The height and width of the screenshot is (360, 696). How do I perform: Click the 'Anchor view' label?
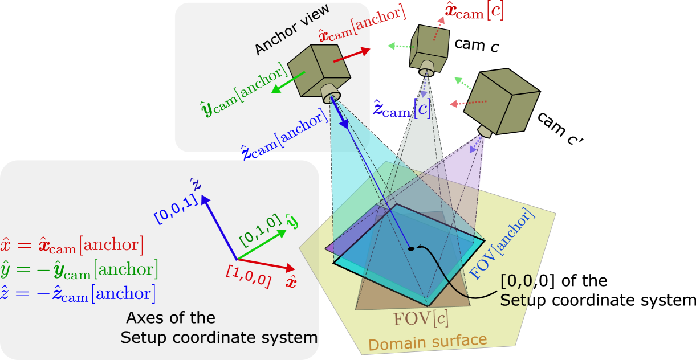(x=291, y=31)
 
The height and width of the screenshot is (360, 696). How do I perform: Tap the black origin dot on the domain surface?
(x=411, y=248)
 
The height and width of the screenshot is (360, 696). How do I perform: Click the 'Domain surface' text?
(x=427, y=342)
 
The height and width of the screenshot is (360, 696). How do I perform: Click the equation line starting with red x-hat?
(x=72, y=245)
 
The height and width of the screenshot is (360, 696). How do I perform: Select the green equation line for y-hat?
(x=79, y=269)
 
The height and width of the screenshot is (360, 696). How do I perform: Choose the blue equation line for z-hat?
(x=78, y=293)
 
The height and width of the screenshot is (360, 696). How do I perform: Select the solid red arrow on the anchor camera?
(x=351, y=54)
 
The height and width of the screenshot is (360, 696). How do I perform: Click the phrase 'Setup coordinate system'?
(x=219, y=337)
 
